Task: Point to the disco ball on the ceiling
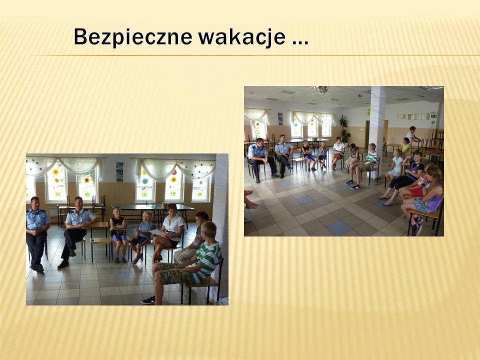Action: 321,89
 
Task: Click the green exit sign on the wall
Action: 433,116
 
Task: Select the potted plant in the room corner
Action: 344,129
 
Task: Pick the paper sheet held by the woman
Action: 156,232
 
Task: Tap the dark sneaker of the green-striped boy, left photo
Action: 148,300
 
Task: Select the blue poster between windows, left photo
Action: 119,171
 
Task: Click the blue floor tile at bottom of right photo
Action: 338,228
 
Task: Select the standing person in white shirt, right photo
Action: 412,135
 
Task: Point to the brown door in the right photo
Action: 367,134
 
